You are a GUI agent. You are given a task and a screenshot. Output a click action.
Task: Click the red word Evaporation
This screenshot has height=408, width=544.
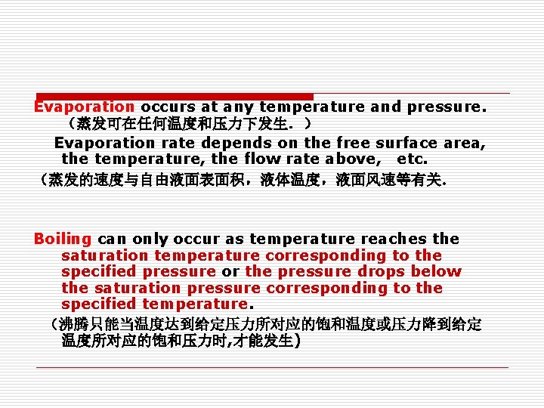click(x=84, y=107)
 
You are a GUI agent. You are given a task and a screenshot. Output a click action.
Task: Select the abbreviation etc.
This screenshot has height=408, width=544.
click(x=412, y=159)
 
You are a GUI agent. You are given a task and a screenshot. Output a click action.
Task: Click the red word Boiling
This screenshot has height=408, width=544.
click(x=63, y=239)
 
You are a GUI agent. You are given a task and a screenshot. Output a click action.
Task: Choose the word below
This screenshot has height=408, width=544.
click(x=434, y=271)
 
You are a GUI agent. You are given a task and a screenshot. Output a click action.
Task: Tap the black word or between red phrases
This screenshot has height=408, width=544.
click(x=230, y=271)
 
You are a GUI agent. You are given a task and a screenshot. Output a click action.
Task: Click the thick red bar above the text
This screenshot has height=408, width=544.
click(x=175, y=96)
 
